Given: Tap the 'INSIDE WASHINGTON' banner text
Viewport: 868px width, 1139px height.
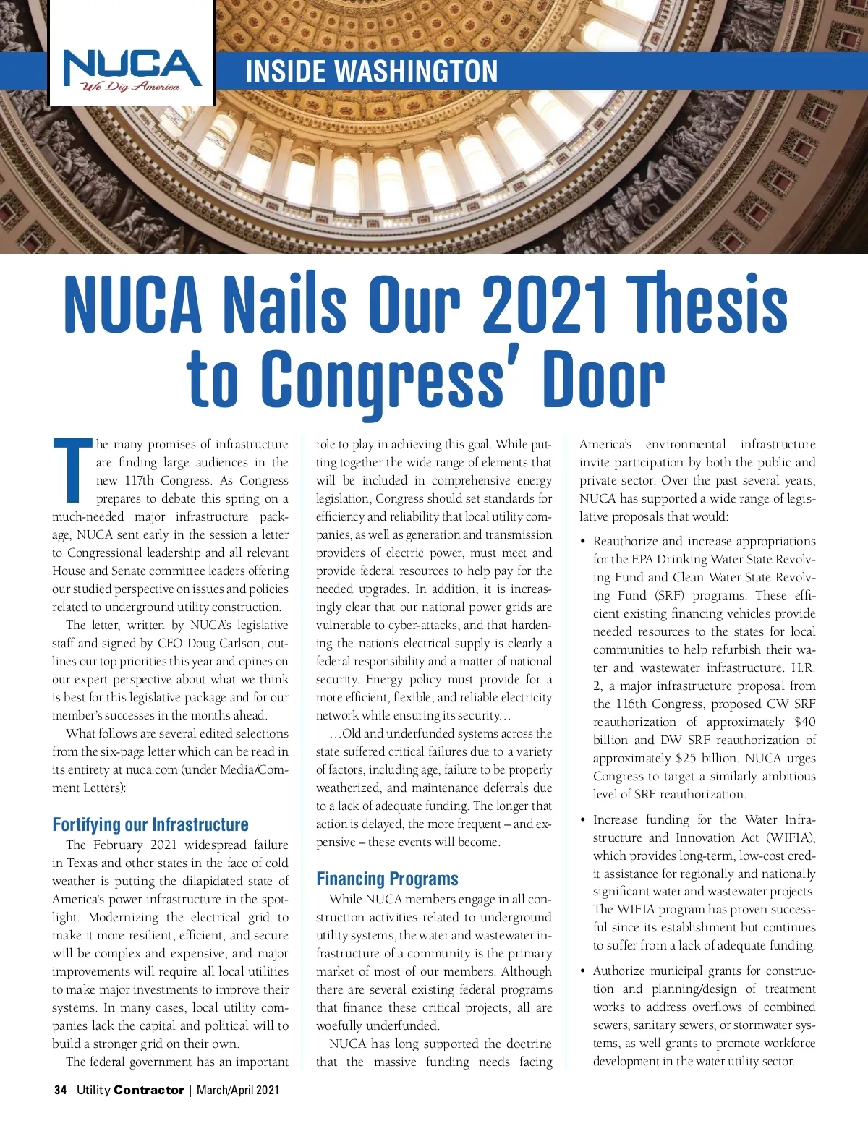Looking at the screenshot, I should [x=372, y=72].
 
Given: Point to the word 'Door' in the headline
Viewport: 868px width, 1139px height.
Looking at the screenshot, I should [x=603, y=380].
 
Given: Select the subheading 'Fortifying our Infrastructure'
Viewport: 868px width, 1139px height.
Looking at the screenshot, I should [x=150, y=824].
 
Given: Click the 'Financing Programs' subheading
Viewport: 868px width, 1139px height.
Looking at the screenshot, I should [x=387, y=879].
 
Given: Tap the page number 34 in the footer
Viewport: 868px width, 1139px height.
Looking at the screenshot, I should [x=61, y=1090].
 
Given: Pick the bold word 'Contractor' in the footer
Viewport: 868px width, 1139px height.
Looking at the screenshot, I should [x=148, y=1090].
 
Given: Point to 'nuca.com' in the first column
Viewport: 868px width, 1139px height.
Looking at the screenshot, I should [x=156, y=769].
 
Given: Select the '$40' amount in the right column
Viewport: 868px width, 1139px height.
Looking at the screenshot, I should [x=804, y=722].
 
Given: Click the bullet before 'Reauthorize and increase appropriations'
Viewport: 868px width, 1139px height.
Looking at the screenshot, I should [x=583, y=542].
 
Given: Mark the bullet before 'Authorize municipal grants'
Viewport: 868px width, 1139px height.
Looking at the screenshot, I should [x=583, y=971].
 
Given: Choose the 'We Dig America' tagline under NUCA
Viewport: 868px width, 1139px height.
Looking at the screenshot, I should [x=130, y=88].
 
